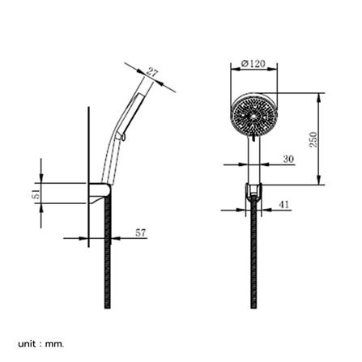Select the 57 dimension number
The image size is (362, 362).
[140, 232]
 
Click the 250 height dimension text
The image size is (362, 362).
[313, 138]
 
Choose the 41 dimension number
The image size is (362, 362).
[283, 204]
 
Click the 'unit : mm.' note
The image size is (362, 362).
[40, 344]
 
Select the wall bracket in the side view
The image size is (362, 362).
[100, 193]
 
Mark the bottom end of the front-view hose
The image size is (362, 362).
[253, 306]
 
